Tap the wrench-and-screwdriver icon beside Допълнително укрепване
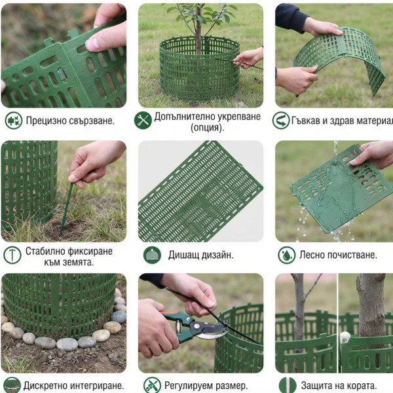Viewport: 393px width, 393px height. pyautogui.click(x=143, y=121)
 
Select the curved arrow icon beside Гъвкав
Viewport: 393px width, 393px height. pyautogui.click(x=281, y=121)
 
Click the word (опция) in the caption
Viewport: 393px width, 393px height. pyautogui.click(x=207, y=128)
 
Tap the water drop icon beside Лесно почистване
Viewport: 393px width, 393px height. pyautogui.click(x=286, y=255)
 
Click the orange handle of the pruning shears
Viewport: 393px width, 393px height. pyautogui.click(x=170, y=313)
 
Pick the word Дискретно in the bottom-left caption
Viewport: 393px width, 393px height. pyautogui.click(x=45, y=386)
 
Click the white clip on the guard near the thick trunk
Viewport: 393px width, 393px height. pyautogui.click(x=345, y=337)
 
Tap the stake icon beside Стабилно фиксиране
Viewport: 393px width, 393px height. pyautogui.click(x=12, y=255)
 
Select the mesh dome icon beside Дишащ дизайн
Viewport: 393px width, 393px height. pyautogui.click(x=152, y=255)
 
